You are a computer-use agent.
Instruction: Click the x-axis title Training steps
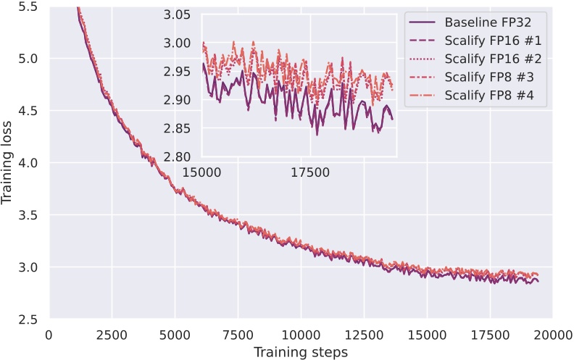coord(301,352)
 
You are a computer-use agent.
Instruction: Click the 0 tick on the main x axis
coord(49,335)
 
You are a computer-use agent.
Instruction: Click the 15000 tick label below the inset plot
coord(201,172)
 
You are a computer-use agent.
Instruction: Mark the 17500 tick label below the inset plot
coord(310,172)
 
